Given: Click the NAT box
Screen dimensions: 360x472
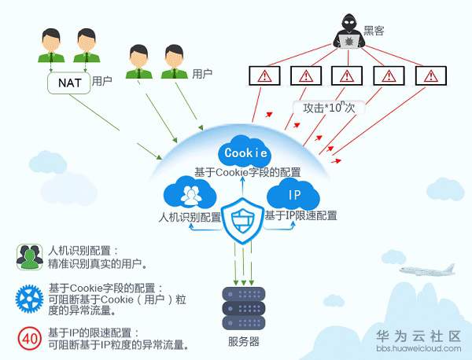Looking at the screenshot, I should (x=66, y=81).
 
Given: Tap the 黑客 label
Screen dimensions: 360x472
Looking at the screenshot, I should (x=374, y=30).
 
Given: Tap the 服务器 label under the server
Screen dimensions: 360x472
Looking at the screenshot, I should (x=244, y=342).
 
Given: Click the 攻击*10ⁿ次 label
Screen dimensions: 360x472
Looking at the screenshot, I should (x=330, y=108).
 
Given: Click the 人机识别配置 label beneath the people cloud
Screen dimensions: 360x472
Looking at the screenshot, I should (x=190, y=216).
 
